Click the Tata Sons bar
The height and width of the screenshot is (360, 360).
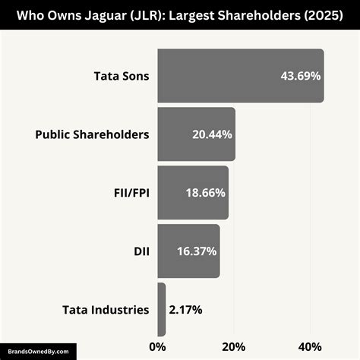point(240,76)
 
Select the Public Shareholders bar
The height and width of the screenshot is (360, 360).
point(196,134)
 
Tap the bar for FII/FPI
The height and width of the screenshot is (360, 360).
point(193,193)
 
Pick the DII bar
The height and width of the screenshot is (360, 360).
point(188,251)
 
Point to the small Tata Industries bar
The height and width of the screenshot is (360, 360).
point(162,309)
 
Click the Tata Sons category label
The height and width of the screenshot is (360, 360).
point(122,76)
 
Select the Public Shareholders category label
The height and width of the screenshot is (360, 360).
point(92,134)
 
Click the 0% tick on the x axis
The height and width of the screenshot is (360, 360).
point(157,347)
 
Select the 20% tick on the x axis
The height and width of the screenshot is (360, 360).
point(233,347)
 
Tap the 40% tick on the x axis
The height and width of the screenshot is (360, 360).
point(310,347)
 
